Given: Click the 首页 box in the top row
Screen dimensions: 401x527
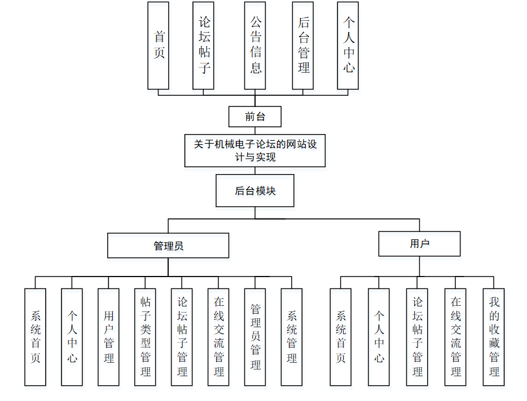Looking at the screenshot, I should [x=158, y=45].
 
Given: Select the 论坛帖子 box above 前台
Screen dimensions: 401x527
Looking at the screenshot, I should [x=203, y=45].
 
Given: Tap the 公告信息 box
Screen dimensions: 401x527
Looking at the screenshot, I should [x=255, y=45].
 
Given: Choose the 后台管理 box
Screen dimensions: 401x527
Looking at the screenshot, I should [x=303, y=45].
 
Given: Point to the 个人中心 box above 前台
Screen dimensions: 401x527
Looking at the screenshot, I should [x=348, y=45].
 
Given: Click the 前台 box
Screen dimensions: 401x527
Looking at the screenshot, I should [x=254, y=117].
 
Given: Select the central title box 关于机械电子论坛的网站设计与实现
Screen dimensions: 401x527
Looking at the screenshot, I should [x=255, y=150].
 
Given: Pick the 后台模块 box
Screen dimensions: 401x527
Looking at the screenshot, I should [x=255, y=190].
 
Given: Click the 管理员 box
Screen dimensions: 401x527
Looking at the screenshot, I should [x=168, y=246].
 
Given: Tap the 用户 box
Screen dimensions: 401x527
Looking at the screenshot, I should [x=419, y=244].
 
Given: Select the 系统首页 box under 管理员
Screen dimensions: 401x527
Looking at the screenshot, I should [x=36, y=337].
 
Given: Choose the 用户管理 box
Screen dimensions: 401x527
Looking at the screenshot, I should [x=108, y=337].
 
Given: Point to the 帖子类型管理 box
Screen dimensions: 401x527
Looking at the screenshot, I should [x=145, y=337].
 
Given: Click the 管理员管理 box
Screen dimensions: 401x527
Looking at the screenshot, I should [x=255, y=337].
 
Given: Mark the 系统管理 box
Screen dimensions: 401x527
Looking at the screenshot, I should [x=291, y=337].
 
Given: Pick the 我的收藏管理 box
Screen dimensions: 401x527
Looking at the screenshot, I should [x=494, y=337].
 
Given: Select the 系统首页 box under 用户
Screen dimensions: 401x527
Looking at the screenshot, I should [x=340, y=337].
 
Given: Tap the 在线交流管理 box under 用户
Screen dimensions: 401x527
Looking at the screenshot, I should [x=455, y=337].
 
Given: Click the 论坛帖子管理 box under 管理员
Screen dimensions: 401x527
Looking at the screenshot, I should [x=182, y=337].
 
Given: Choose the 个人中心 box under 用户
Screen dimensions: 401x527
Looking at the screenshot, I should [x=379, y=337].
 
